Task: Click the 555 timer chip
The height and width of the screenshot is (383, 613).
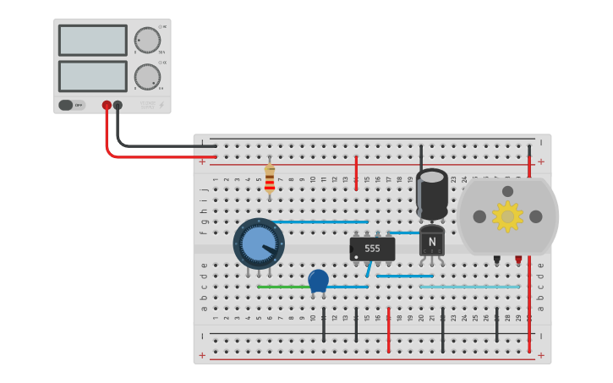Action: click(372, 249)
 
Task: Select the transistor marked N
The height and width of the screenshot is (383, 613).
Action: click(431, 242)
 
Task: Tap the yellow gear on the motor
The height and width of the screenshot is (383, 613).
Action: click(507, 216)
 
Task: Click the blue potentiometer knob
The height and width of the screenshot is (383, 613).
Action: click(258, 243)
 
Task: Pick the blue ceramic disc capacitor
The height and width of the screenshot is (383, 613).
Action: click(318, 280)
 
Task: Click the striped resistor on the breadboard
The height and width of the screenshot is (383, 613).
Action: click(270, 178)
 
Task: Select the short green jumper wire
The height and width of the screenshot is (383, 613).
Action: click(282, 287)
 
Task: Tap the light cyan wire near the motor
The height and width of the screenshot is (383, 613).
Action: click(469, 287)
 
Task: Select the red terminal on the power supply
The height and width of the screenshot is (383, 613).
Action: click(107, 106)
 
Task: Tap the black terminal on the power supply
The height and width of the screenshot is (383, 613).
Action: click(118, 106)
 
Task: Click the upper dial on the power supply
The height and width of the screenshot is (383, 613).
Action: click(147, 40)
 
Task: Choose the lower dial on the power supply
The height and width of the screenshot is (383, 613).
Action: click(147, 77)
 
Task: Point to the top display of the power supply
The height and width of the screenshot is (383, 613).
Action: click(92, 40)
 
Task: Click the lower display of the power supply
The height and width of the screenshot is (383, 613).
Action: click(92, 76)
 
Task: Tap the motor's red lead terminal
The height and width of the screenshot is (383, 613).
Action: click(518, 260)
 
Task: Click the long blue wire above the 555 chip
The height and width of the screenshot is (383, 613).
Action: click(321, 222)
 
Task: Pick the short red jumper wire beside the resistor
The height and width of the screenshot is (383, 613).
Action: click(356, 172)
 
